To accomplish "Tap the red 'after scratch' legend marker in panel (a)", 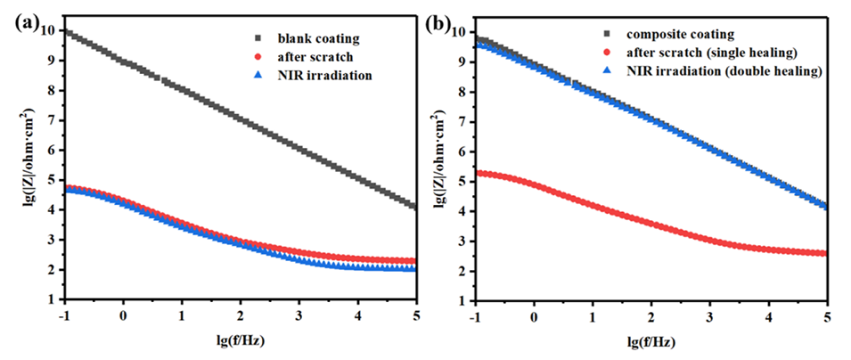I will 258,57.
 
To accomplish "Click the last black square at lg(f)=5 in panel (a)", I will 415,207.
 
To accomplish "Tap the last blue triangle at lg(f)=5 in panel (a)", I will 415,268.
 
